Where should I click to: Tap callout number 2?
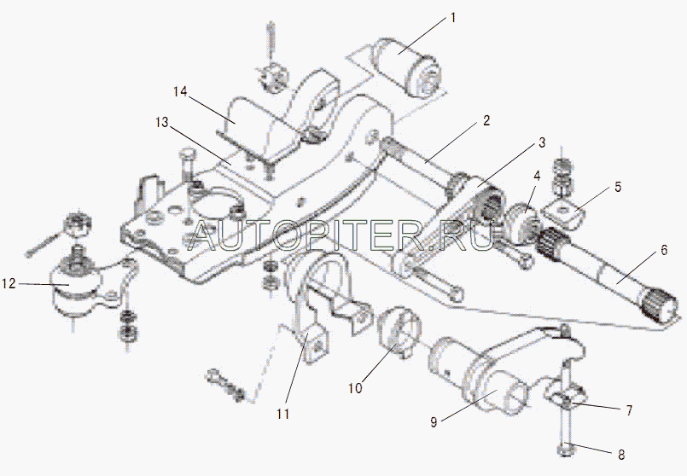click(486, 120)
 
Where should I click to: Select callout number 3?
click(541, 142)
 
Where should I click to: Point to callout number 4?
click(537, 177)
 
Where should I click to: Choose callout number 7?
click(629, 410)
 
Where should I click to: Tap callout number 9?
click(434, 422)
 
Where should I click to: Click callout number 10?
click(354, 388)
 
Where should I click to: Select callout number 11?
click(282, 415)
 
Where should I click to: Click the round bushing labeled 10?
click(397, 332)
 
